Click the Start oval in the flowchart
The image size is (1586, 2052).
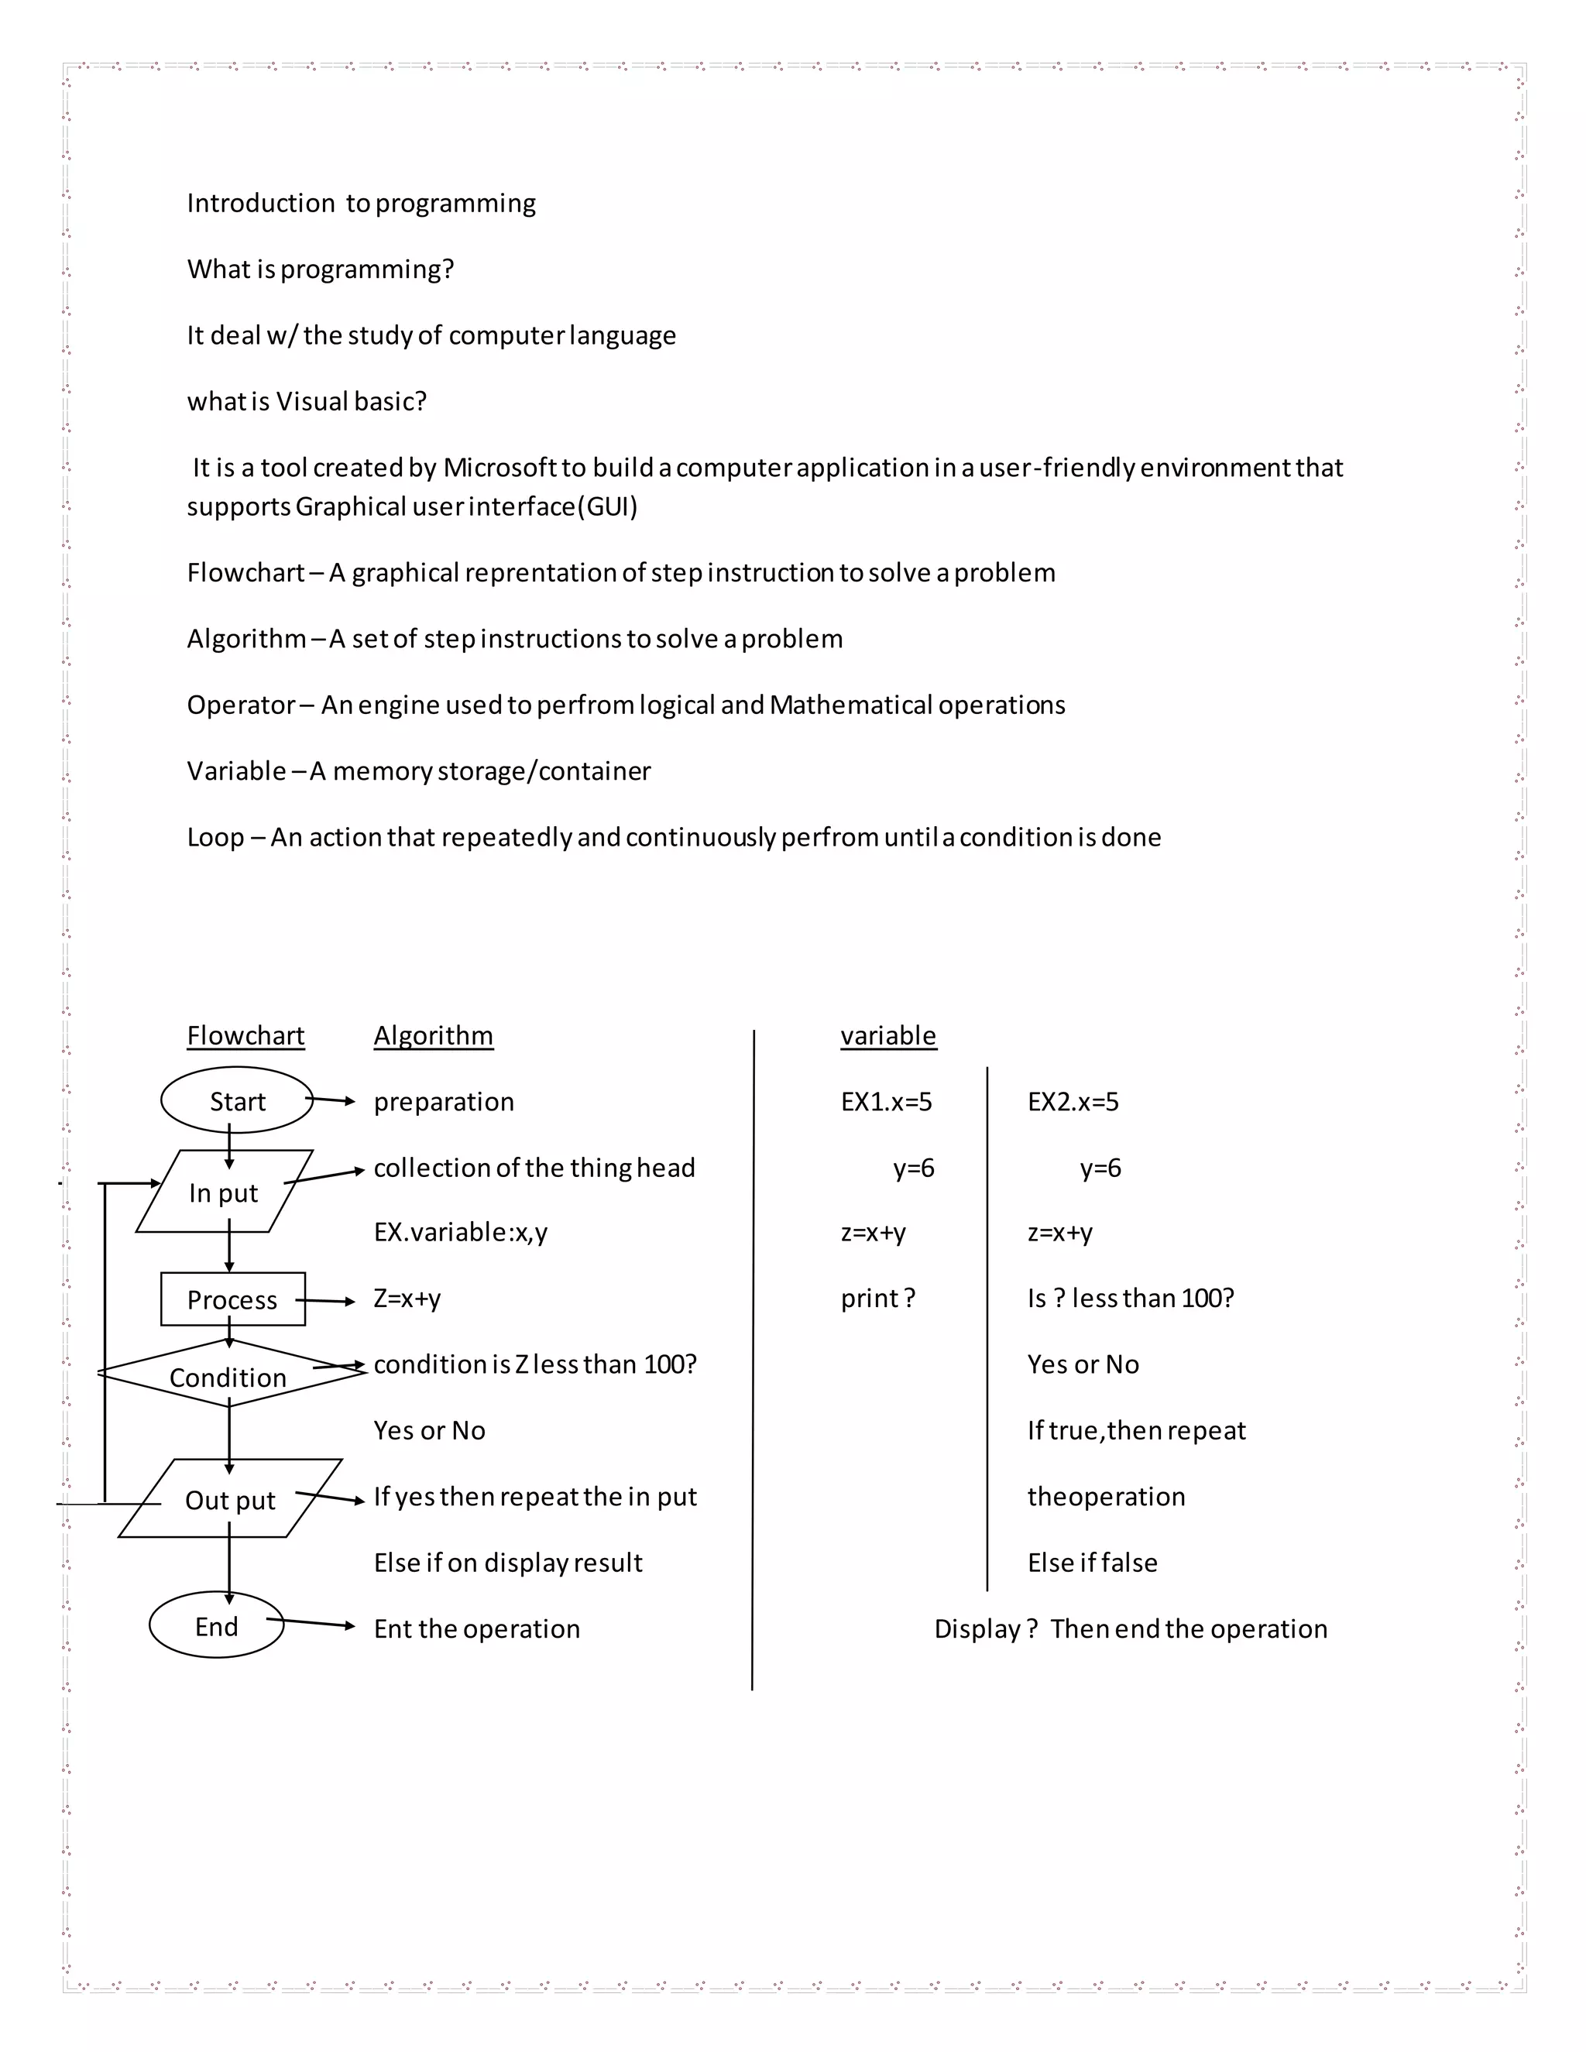point(237,1100)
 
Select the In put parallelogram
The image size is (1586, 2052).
point(224,1192)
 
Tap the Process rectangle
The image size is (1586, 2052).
point(232,1299)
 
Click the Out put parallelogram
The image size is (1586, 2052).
point(230,1500)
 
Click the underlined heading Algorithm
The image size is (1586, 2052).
point(433,1035)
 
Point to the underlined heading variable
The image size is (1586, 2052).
point(888,1035)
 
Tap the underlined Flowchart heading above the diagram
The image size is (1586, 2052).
point(245,1035)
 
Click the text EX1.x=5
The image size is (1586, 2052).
point(886,1101)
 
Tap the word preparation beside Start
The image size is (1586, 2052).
point(444,1101)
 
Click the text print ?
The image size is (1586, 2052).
point(877,1299)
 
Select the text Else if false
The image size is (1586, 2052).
point(1092,1563)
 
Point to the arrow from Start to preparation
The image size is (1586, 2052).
point(331,1100)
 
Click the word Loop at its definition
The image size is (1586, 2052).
point(215,837)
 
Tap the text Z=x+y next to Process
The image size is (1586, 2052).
point(407,1299)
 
